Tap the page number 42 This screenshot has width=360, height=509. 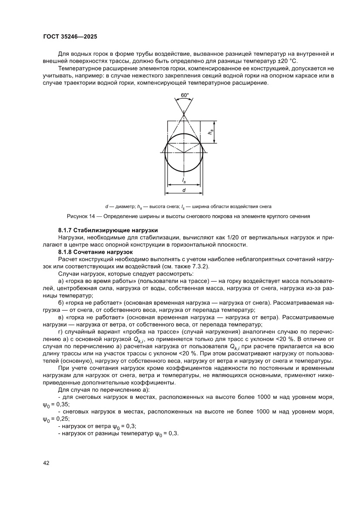[x=46, y=463]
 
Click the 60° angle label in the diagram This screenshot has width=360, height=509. [x=185, y=94]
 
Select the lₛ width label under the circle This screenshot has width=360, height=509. [x=184, y=180]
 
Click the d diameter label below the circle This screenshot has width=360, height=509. [x=184, y=190]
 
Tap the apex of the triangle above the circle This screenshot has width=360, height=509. [x=184, y=114]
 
